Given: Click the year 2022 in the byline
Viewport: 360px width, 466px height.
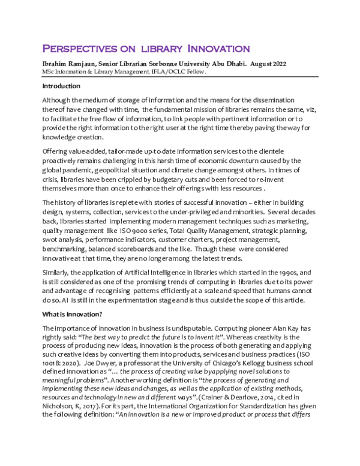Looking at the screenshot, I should (x=275, y=63).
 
